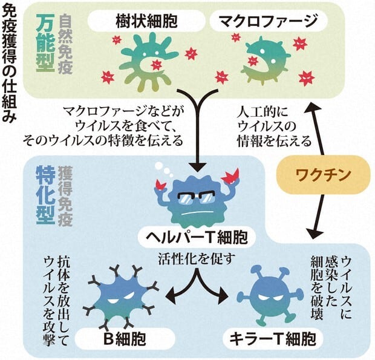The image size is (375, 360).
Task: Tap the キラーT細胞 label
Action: pos(269,336)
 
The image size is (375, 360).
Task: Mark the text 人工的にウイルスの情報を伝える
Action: pos(272,126)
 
